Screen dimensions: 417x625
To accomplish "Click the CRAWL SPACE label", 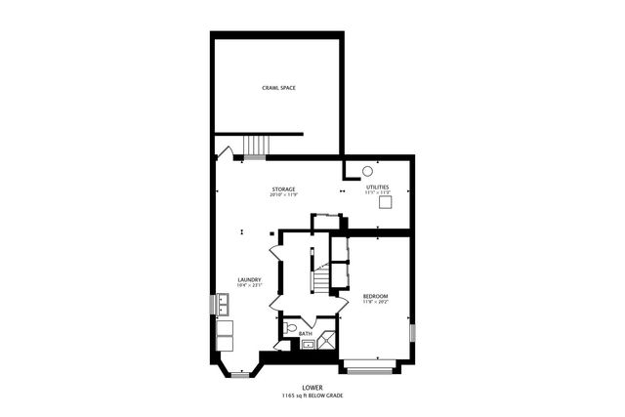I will [279, 89].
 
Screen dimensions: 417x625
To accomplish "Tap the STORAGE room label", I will [283, 188].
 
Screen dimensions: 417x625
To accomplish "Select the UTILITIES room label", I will [377, 187].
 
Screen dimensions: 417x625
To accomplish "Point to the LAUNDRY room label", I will [249, 279].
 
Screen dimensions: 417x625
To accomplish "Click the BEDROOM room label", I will [375, 296].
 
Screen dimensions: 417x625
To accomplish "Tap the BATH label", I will [306, 334].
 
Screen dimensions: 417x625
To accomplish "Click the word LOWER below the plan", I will [312, 388].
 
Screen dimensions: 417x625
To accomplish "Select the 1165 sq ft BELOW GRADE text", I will [312, 396].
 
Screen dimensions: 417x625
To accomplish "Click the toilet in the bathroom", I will [290, 327].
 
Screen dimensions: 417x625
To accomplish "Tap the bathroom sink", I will [306, 344].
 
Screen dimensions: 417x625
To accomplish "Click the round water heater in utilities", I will [367, 170].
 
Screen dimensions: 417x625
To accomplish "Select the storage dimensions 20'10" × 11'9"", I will [283, 194].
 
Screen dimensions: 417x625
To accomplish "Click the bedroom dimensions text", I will [375, 302].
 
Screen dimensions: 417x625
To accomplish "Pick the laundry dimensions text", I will [249, 285].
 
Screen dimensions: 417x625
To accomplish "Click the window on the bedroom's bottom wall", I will [368, 370].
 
